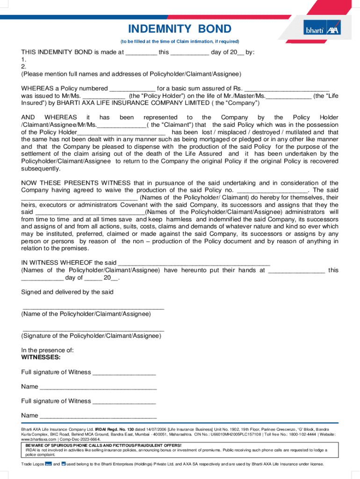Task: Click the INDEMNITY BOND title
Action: click(180, 29)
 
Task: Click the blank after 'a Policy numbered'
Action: click(132, 89)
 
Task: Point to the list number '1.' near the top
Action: click(23, 60)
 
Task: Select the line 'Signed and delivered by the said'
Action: click(67, 292)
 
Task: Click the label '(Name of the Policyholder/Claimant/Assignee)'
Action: click(86, 314)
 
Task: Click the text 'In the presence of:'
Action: click(47, 350)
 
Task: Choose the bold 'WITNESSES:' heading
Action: click(41, 357)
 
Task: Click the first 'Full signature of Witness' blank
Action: click(124, 373)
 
